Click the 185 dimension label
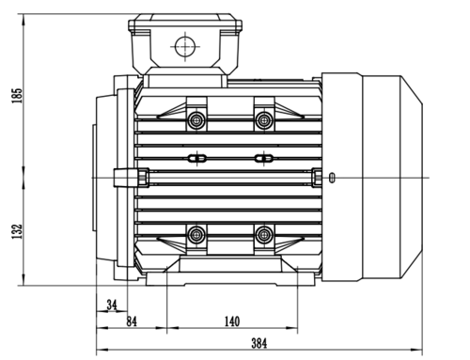click(x=17, y=96)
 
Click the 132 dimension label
click(x=17, y=231)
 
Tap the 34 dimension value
click(x=112, y=305)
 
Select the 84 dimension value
click(x=132, y=321)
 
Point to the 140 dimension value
click(x=232, y=321)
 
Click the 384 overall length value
click(x=259, y=343)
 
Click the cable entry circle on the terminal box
click(x=185, y=46)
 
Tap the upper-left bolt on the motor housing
click(x=196, y=119)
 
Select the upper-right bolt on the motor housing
click(x=264, y=119)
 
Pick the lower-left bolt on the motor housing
click(x=196, y=234)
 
